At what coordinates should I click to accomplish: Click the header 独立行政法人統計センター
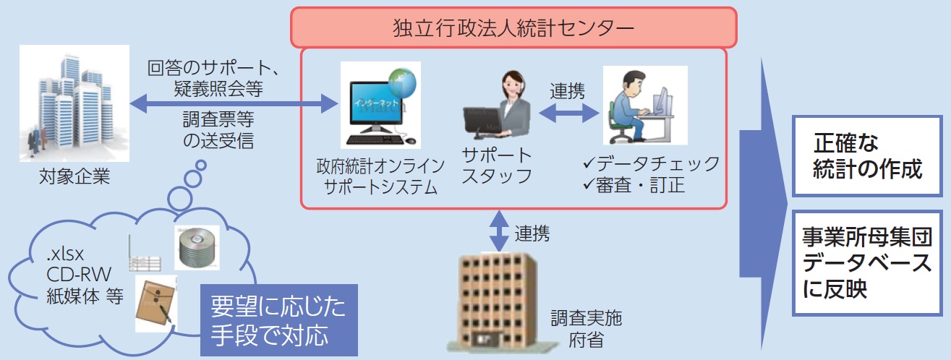[x=513, y=27]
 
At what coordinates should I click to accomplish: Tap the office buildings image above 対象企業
[x=74, y=103]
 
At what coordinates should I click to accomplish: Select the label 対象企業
[x=74, y=176]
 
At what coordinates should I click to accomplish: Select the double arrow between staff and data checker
[x=568, y=113]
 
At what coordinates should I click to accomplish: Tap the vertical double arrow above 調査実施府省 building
[x=499, y=231]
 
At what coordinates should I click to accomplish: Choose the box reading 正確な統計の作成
[x=867, y=156]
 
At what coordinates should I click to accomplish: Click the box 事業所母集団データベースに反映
[x=867, y=263]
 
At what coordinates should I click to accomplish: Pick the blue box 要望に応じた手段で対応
[x=279, y=320]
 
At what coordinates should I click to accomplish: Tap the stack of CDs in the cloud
[x=197, y=248]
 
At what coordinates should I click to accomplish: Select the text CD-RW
[x=79, y=275]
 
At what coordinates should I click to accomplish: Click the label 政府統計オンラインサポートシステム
[x=380, y=176]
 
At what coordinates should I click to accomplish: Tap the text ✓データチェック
[x=652, y=163]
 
